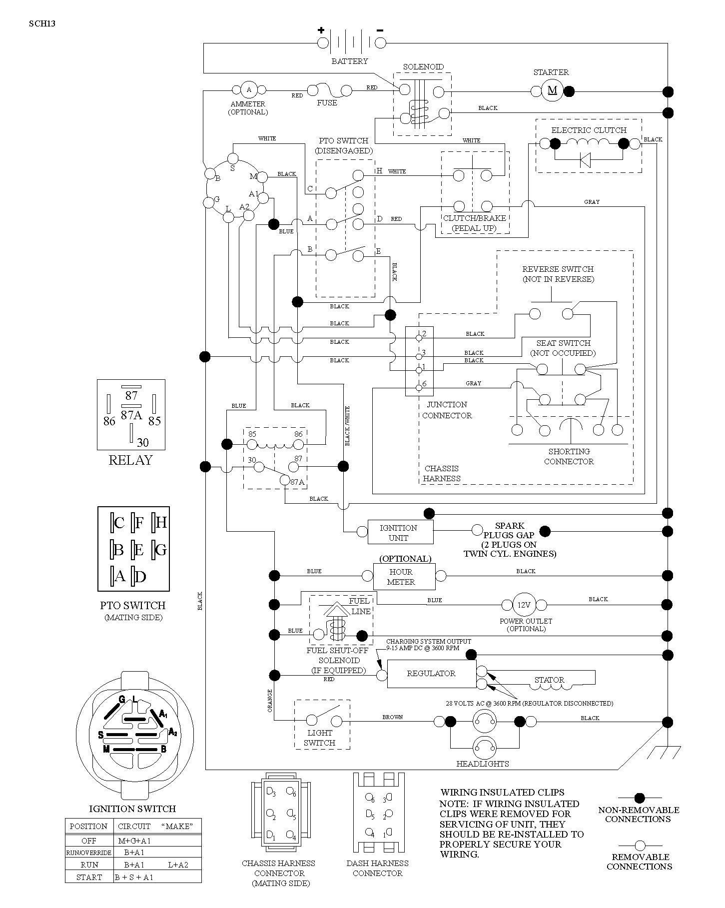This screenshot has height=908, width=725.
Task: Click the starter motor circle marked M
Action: click(x=552, y=90)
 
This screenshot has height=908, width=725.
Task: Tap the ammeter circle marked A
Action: click(x=249, y=90)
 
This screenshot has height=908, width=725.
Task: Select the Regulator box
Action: click(x=432, y=674)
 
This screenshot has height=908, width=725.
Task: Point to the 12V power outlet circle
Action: click(x=524, y=605)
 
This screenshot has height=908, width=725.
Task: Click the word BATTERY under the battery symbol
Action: click(x=350, y=61)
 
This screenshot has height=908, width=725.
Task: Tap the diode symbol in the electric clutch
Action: click(x=585, y=160)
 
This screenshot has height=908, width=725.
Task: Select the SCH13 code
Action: click(x=42, y=23)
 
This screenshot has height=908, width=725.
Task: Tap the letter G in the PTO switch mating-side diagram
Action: click(x=160, y=550)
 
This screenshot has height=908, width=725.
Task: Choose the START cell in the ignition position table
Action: click(x=89, y=877)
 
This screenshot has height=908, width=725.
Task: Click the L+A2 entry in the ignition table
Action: click(x=178, y=865)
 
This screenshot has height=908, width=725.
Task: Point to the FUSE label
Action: click(x=327, y=103)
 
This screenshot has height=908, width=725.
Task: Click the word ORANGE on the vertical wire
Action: click(x=270, y=701)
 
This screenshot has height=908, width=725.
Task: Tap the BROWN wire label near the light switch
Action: click(x=393, y=717)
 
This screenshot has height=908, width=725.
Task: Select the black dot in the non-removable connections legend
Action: click(x=640, y=799)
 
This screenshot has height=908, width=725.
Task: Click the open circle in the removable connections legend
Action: click(x=640, y=846)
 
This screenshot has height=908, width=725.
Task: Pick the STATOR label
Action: click(x=550, y=680)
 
